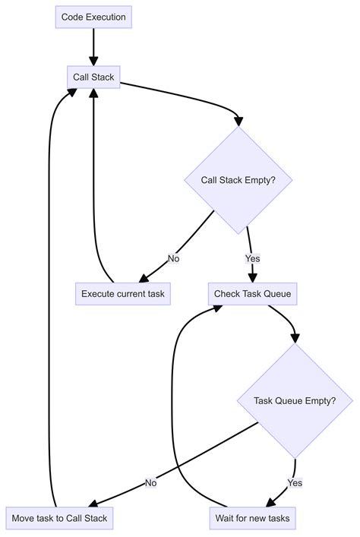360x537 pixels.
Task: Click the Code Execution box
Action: point(94,17)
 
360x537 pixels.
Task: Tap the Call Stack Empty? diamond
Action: point(238,180)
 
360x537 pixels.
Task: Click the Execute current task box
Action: point(122,293)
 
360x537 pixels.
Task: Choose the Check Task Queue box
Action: point(252,293)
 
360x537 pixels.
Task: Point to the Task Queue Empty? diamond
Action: point(295,400)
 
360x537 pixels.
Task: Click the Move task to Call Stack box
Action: point(59,518)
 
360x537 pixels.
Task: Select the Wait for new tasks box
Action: point(252,518)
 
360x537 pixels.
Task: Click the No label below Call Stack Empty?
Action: point(173,258)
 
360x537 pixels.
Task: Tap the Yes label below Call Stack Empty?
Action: point(252,258)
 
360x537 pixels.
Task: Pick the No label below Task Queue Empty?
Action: point(150,482)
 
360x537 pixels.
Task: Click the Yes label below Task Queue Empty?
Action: point(295,482)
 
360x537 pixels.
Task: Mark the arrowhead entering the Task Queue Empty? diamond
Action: point(295,338)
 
